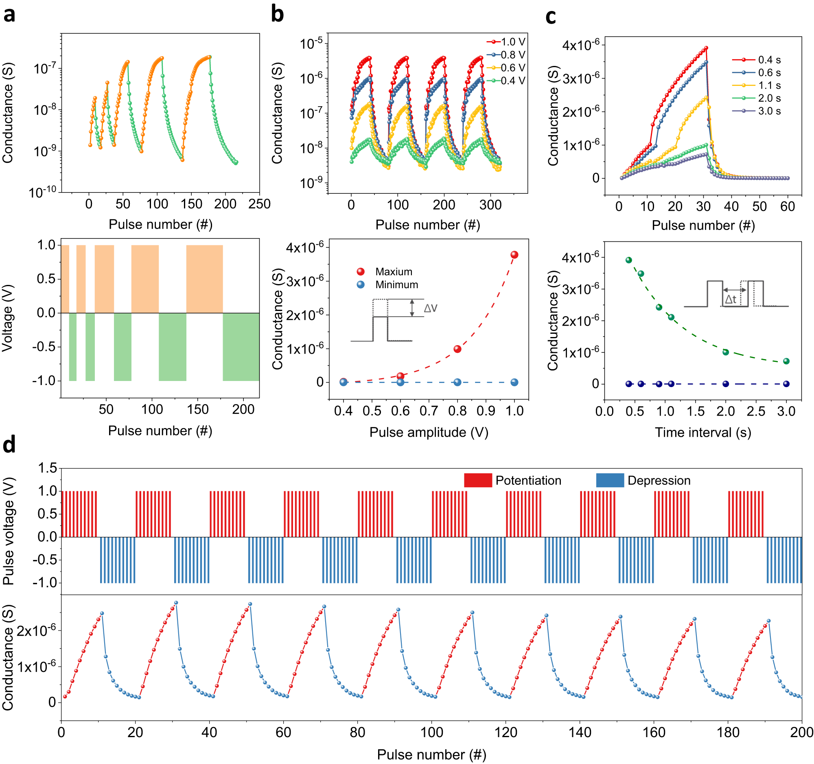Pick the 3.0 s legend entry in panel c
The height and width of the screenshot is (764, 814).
(769, 111)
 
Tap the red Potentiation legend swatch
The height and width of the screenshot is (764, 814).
(478, 480)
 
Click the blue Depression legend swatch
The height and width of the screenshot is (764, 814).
(610, 480)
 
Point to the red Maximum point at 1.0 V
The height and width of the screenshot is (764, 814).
(514, 255)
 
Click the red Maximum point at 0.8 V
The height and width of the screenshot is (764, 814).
(457, 349)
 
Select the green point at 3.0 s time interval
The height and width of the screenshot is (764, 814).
(786, 361)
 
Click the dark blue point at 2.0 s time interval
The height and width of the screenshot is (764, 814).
(726, 384)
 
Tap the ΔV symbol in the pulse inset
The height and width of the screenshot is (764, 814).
(430, 308)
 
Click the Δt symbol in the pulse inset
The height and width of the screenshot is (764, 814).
(731, 299)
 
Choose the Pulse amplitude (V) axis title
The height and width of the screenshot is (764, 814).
(429, 432)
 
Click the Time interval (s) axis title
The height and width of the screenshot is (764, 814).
(702, 432)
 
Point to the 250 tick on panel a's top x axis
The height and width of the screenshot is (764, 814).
(259, 204)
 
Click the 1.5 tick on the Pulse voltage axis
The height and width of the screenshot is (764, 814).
(48, 468)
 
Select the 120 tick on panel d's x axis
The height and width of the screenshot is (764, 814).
(505, 732)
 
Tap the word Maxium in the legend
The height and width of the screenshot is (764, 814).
(394, 272)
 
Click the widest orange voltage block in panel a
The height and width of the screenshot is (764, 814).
(204, 279)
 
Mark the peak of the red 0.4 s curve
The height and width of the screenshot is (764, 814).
(706, 48)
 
